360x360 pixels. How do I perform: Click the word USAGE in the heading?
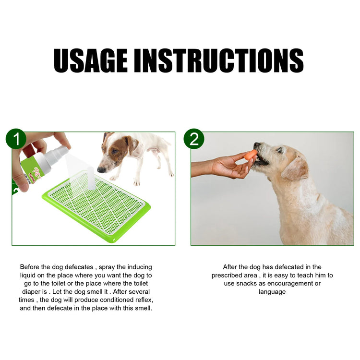point(90,60)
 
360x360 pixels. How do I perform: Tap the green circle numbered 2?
point(194,139)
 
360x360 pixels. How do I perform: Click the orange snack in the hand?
point(251,155)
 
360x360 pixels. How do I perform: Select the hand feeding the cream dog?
point(230,166)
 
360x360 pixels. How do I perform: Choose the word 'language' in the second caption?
point(272,291)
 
